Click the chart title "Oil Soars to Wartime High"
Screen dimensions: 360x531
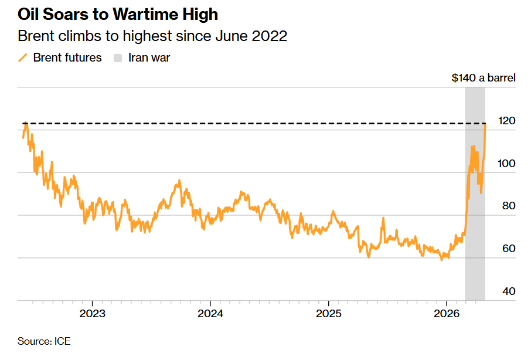point(118,14)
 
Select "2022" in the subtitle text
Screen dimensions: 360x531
point(270,36)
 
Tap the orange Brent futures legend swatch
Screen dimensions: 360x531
point(23,57)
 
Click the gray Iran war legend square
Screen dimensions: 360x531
point(118,57)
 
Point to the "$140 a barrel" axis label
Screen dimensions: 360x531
point(484,77)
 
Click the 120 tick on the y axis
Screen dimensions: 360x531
point(507,121)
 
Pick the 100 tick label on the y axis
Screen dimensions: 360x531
point(507,164)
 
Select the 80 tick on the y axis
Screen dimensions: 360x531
point(507,206)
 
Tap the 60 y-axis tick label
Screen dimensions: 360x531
point(507,249)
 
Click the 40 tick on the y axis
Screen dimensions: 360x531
point(507,292)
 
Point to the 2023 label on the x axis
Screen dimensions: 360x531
point(92,313)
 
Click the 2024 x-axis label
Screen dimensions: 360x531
point(210,313)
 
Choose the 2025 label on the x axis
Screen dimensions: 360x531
point(328,313)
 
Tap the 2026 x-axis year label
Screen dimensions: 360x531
point(447,313)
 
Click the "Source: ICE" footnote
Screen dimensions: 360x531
point(44,341)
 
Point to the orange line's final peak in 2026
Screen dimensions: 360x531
point(485,124)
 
